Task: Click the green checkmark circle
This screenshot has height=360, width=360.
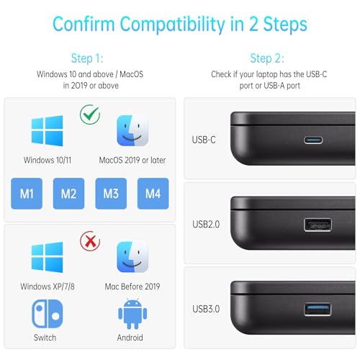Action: click(x=90, y=114)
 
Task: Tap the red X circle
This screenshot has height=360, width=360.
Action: click(x=90, y=241)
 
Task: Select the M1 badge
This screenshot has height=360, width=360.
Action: click(x=27, y=194)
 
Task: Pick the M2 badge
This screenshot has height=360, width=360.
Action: click(x=68, y=194)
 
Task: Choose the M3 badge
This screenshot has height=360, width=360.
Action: click(x=111, y=194)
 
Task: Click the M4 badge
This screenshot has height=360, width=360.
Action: click(x=153, y=194)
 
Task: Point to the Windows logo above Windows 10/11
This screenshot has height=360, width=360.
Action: click(x=48, y=131)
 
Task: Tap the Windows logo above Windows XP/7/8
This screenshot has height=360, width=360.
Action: click(x=48, y=257)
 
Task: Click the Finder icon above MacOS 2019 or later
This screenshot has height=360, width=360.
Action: click(x=132, y=130)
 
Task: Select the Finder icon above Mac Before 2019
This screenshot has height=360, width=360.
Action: click(x=132, y=257)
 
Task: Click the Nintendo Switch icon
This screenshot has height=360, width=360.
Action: click(x=48, y=314)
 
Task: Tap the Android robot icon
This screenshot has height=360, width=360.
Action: click(x=132, y=314)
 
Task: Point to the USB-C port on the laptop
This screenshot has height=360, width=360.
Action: click(x=313, y=140)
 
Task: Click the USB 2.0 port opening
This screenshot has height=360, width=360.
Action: click(x=318, y=225)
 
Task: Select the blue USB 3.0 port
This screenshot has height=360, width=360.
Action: click(x=318, y=309)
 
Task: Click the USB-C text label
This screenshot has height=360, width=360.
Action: click(x=204, y=140)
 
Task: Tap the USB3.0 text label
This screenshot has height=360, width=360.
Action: click(x=206, y=309)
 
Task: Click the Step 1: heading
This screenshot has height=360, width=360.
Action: click(x=87, y=58)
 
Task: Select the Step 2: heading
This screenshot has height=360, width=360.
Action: click(x=267, y=58)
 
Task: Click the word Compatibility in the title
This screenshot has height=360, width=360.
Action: click(x=172, y=24)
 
